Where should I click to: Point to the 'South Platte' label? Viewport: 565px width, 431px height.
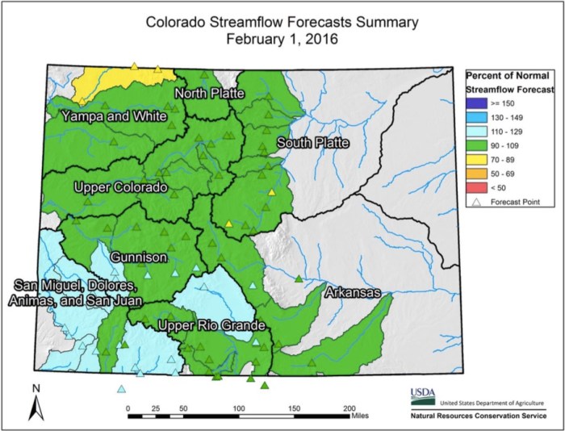click(x=312, y=144)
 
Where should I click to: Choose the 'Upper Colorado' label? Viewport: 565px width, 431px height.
click(x=119, y=187)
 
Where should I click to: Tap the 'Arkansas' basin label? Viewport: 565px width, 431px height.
click(x=351, y=294)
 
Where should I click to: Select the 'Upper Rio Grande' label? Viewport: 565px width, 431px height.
click(x=211, y=326)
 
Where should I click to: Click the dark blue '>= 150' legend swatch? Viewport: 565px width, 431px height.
click(x=481, y=104)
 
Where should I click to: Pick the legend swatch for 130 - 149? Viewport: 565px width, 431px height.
click(x=481, y=118)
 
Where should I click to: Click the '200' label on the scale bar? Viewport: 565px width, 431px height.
click(x=349, y=408)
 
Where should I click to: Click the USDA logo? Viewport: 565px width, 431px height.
click(x=422, y=395)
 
